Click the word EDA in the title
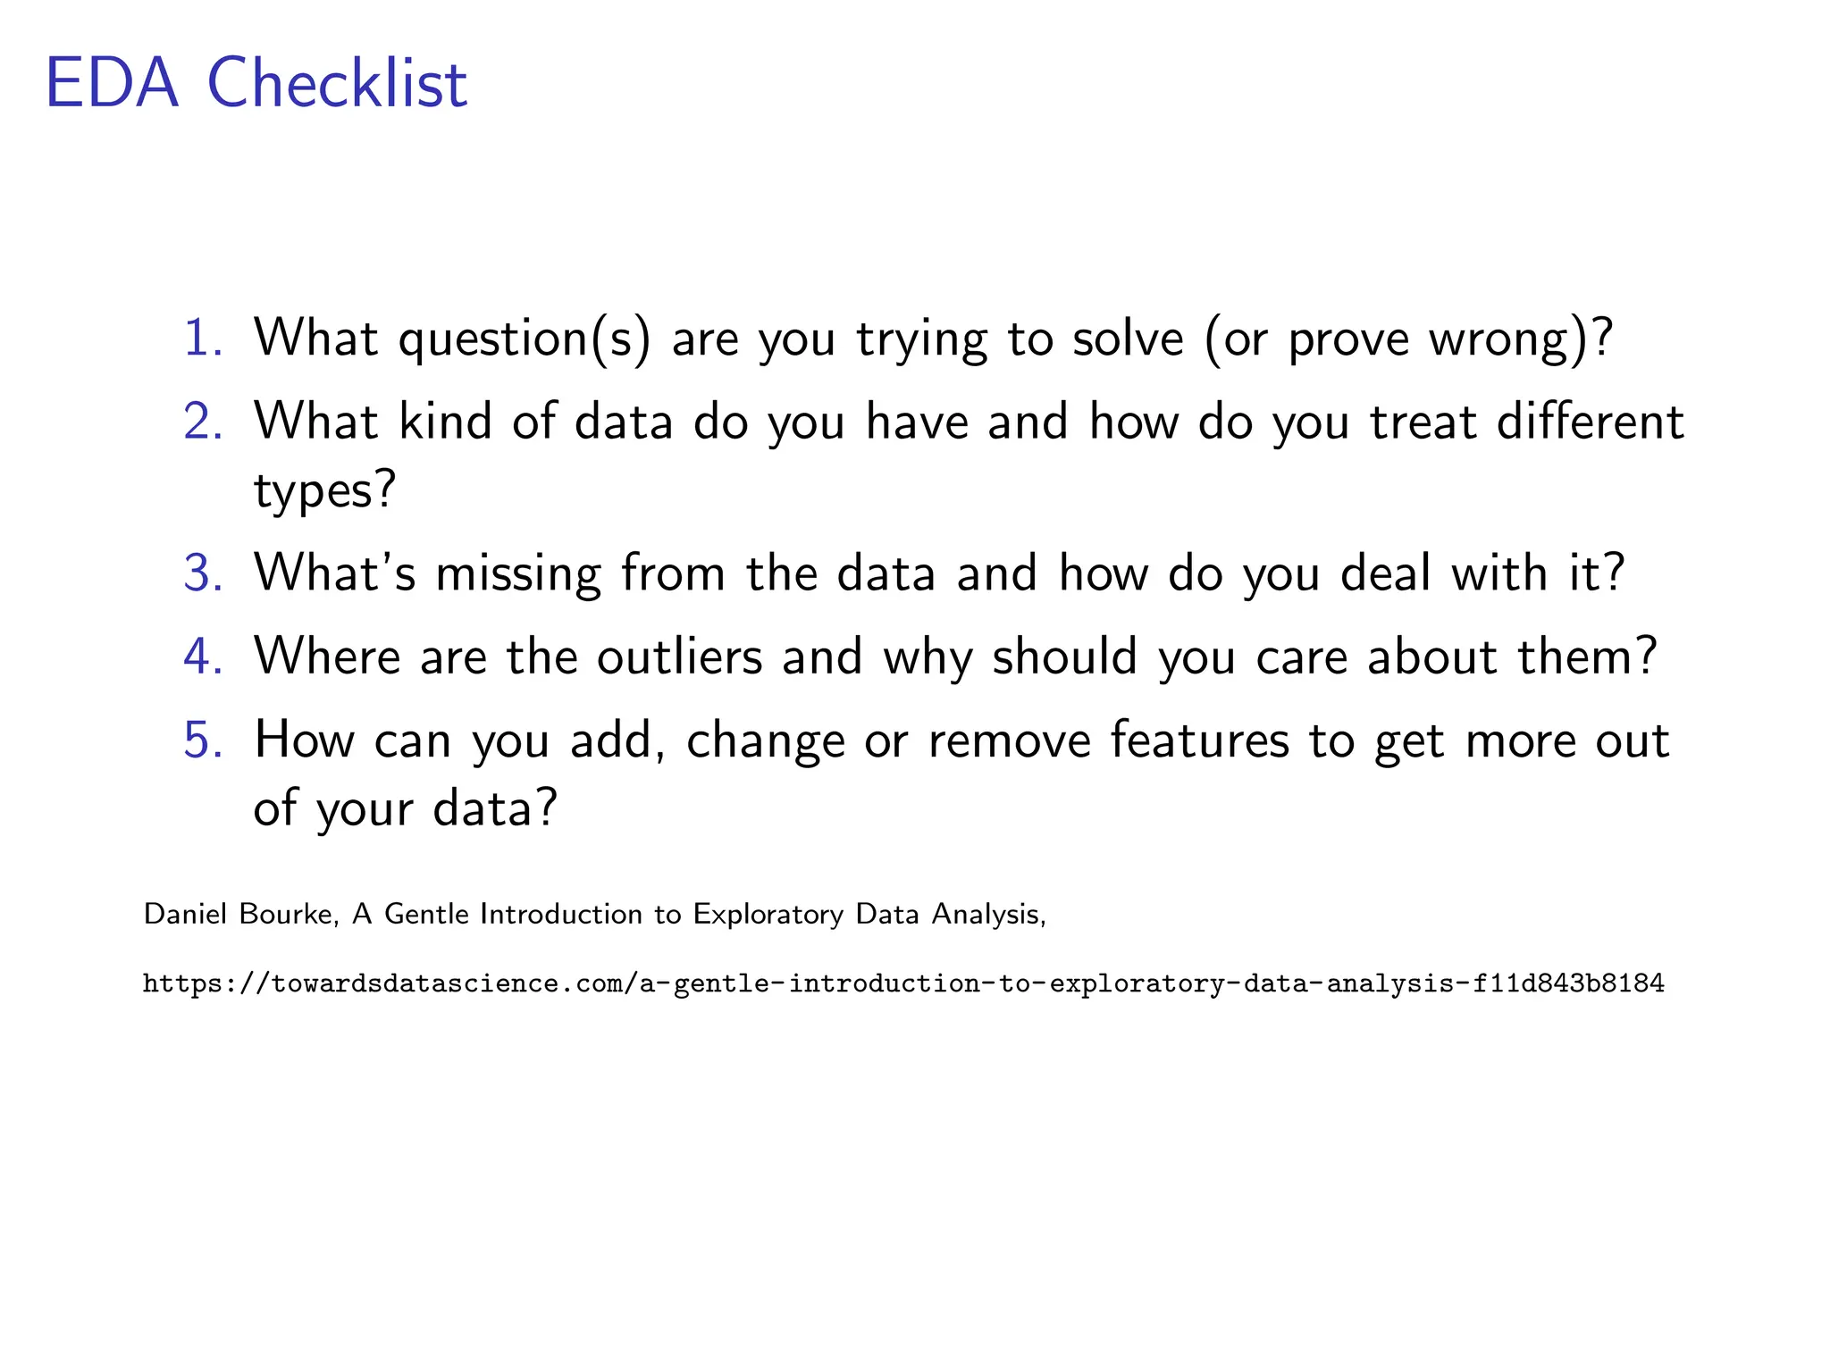click(112, 84)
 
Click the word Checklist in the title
click(337, 84)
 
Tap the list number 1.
click(202, 339)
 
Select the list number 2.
click(202, 422)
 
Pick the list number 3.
click(202, 573)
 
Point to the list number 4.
click(202, 657)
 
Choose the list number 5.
click(202, 740)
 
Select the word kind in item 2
click(445, 422)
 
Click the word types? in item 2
click(324, 491)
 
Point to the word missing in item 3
click(518, 573)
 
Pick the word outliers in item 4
click(679, 657)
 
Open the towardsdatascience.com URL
click(903, 984)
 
